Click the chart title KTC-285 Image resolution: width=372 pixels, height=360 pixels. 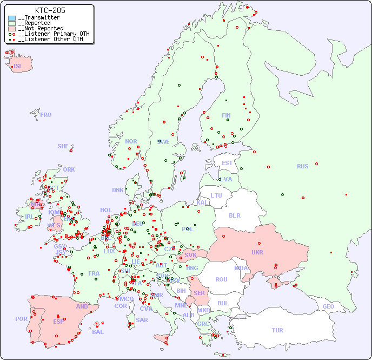[x=50, y=10]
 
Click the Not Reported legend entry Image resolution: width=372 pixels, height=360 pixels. [x=41, y=28]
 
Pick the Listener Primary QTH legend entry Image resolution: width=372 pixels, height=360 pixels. [x=51, y=34]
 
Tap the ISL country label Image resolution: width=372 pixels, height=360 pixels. [x=18, y=67]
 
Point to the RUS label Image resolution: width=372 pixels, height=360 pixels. [x=302, y=166]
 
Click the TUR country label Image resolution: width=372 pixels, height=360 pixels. [x=277, y=330]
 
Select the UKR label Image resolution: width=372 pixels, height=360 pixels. [x=257, y=252]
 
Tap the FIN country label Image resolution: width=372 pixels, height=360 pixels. [x=226, y=115]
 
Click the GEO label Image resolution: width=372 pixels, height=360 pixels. [x=328, y=306]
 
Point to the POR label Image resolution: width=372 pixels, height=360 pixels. [x=21, y=319]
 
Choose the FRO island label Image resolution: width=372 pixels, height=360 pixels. [x=46, y=115]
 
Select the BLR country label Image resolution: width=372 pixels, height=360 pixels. [x=234, y=215]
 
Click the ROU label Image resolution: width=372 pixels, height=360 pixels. [x=221, y=279]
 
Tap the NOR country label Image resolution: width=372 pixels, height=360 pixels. [x=131, y=141]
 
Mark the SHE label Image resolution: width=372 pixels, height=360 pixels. [x=63, y=146]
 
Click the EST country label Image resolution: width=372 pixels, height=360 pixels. [x=227, y=163]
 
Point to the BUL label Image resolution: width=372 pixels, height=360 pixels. [x=223, y=303]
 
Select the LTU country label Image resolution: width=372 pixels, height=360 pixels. [x=216, y=195]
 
